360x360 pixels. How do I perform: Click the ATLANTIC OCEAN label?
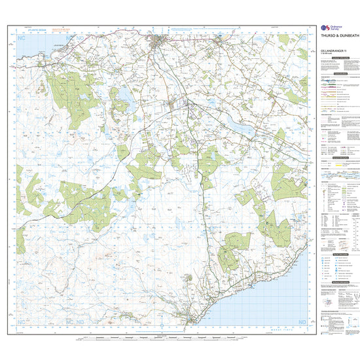35,29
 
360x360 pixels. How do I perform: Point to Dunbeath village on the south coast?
190,319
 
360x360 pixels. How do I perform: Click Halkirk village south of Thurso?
174,104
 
